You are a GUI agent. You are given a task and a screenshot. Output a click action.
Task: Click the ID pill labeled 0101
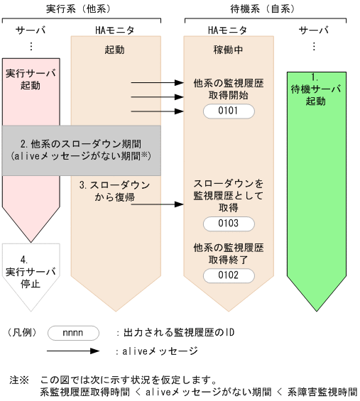[228, 111]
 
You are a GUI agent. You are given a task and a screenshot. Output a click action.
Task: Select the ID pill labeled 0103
[228, 224]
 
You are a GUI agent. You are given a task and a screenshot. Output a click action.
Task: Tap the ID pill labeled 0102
[228, 275]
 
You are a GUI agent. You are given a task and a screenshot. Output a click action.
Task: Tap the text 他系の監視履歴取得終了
[228, 253]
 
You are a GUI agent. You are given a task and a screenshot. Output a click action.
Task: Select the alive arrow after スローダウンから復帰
[158, 204]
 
